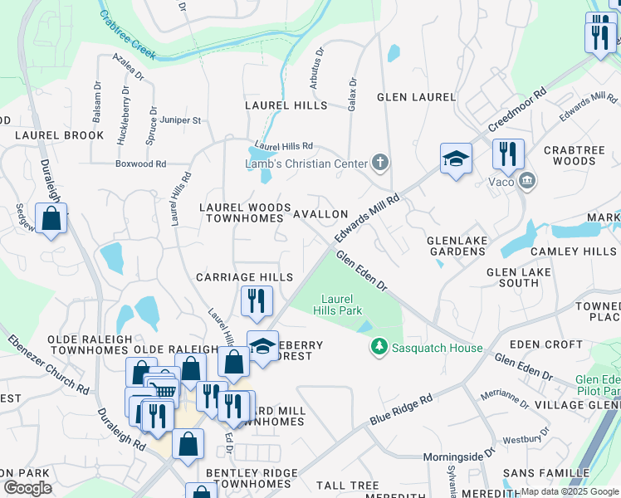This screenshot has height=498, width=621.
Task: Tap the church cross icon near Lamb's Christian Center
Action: point(380,162)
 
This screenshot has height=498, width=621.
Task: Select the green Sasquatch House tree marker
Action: point(379,345)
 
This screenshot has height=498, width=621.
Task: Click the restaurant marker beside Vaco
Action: point(507,154)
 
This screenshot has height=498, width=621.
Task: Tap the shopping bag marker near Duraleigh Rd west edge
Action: point(51,219)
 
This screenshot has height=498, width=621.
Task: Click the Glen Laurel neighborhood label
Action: point(416,97)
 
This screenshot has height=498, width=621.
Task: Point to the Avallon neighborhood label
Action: point(320,214)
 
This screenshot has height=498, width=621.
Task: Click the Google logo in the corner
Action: point(27,488)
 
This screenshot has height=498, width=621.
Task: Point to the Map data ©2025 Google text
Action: point(570,491)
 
